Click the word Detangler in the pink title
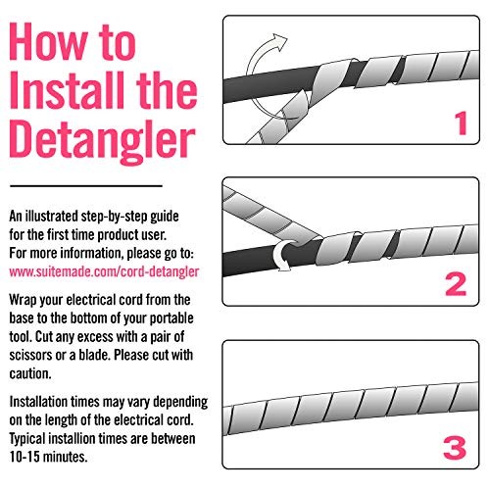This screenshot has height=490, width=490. point(102,142)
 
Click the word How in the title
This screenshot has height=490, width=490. point(49,41)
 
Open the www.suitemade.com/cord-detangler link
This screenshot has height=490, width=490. point(104,271)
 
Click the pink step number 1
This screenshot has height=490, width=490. point(462,123)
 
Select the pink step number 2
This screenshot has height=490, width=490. point(456,284)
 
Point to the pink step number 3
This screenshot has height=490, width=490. point(455,447)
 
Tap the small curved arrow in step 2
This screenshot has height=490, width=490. point(281,255)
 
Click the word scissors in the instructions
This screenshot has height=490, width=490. point(30,355)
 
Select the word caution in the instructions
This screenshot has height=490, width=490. point(30,373)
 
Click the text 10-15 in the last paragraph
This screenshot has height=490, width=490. point(24,457)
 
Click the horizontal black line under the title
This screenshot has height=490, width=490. point(86,186)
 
